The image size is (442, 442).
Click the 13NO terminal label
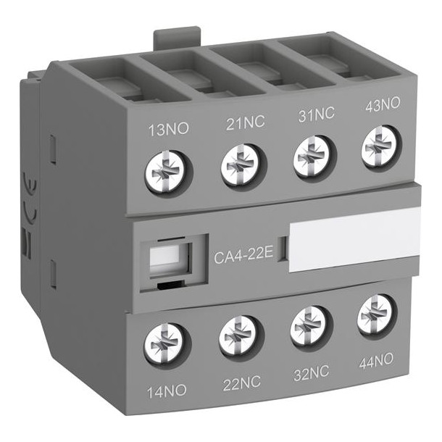pos(168,130)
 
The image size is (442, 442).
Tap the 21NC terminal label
pos(245,122)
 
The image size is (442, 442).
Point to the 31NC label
pos(316,114)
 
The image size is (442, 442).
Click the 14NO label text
pos(167,391)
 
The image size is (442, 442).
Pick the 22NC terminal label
pos(241,383)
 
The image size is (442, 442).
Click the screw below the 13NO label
pos(166,172)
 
